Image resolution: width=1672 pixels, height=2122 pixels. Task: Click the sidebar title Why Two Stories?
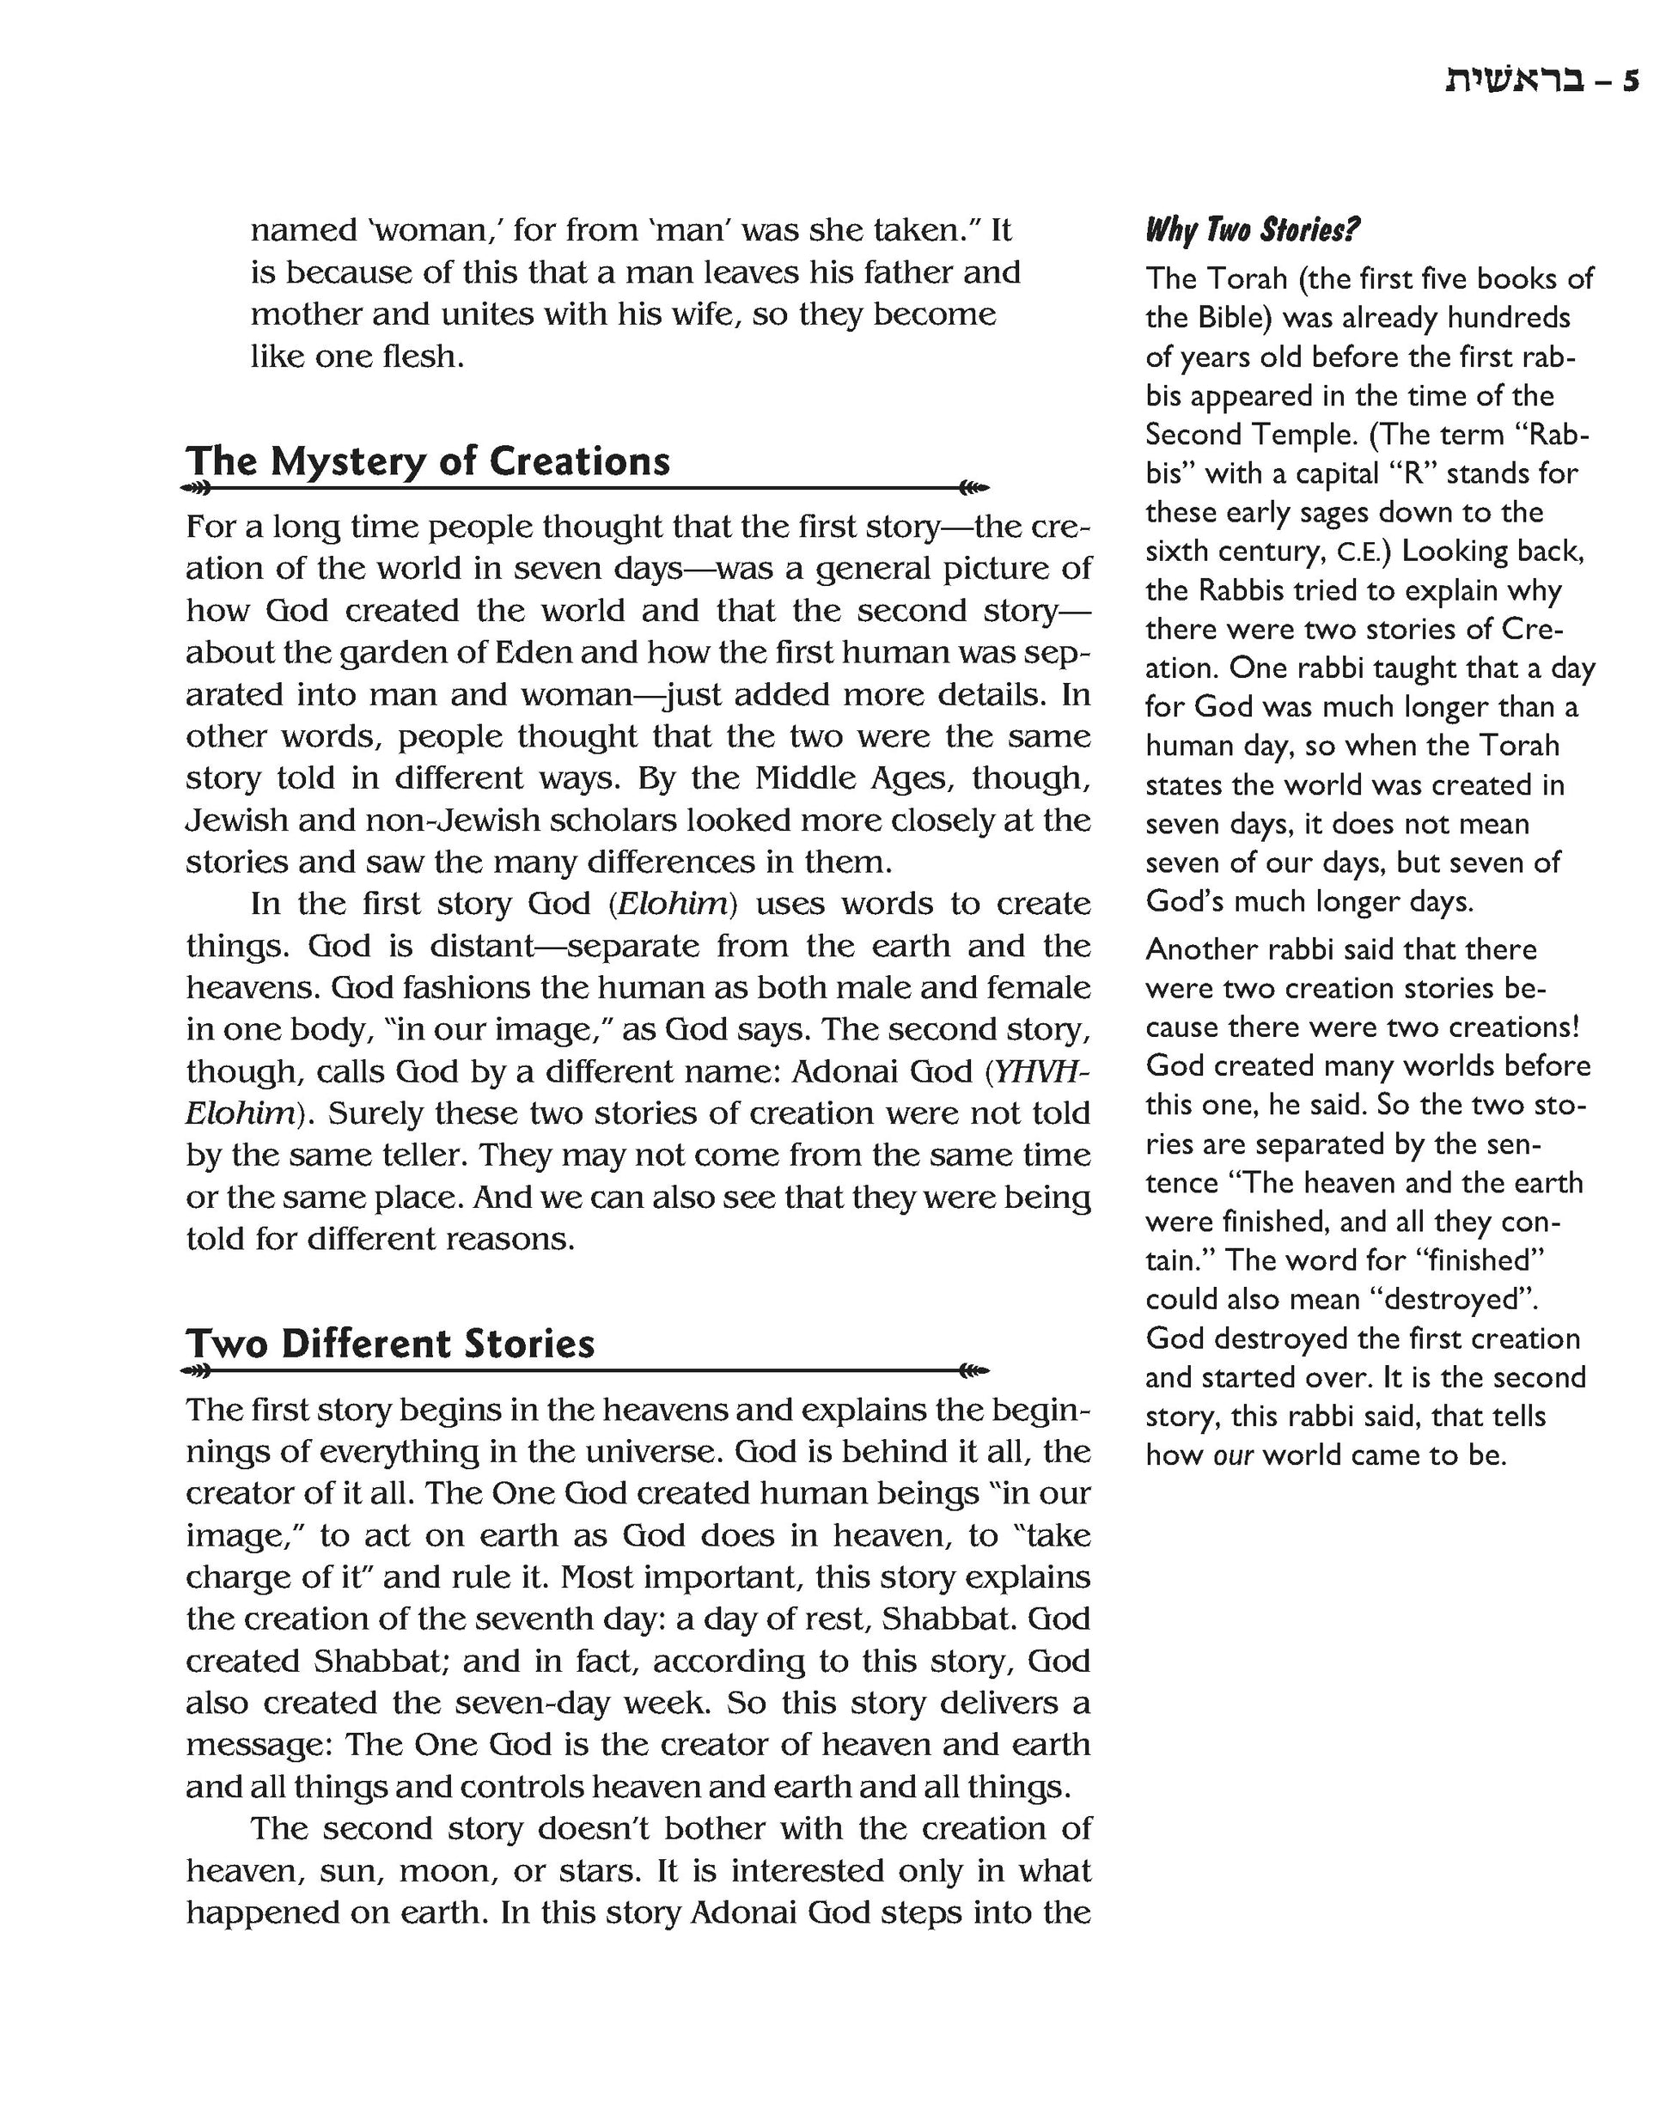[x=1252, y=230]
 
